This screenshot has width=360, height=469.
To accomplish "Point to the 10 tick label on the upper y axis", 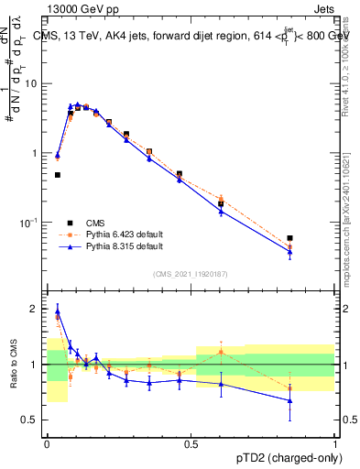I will point(33,83).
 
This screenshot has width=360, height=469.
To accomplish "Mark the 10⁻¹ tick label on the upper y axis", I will point(31,223).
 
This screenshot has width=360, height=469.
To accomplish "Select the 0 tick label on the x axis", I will point(47,443).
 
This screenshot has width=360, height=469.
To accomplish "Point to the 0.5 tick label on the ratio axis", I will point(32,420).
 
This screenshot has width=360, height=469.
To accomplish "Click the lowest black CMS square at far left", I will point(58,174).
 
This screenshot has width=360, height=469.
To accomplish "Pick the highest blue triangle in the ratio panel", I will point(58,311).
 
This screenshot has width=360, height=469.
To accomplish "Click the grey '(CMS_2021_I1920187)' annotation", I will point(191,274).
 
